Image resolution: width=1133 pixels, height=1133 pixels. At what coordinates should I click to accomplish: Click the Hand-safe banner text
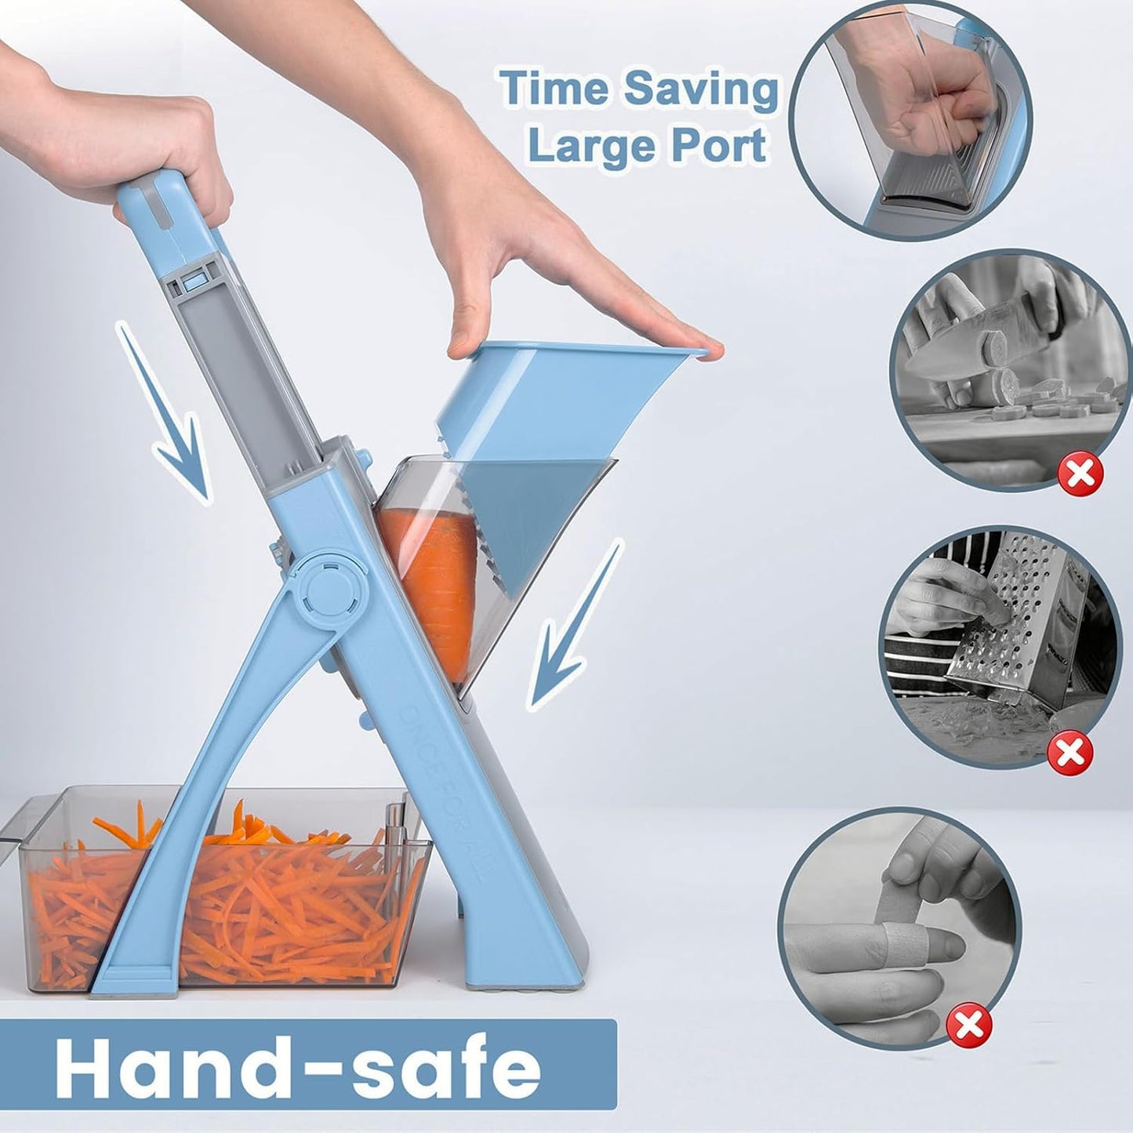[298, 1068]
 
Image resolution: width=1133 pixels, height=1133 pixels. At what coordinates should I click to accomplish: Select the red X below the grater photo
[1070, 754]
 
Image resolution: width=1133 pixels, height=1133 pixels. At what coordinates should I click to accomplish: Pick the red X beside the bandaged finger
[968, 1024]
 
